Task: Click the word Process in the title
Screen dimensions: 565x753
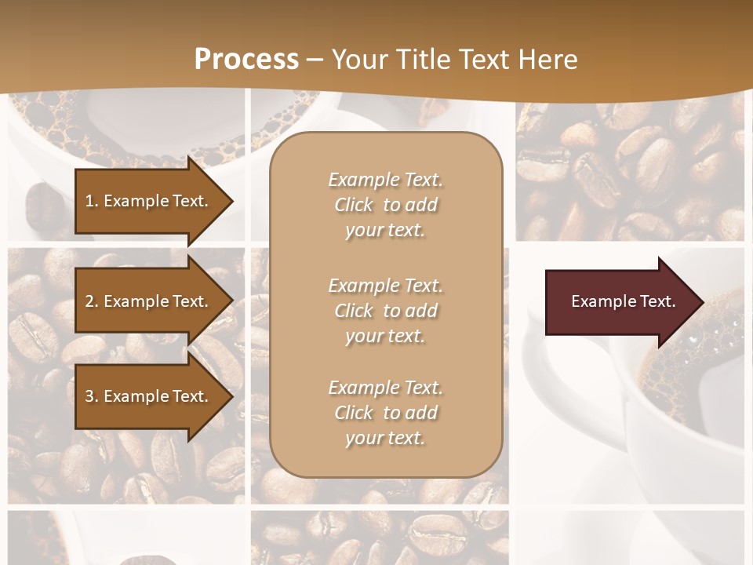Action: (x=246, y=59)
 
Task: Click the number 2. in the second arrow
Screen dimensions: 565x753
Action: (x=92, y=301)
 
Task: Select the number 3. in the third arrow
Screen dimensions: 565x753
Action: (x=92, y=396)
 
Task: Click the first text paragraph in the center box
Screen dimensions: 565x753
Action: (x=385, y=205)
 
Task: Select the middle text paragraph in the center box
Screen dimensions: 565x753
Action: (x=385, y=311)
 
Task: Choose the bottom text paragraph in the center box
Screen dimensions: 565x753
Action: (x=385, y=413)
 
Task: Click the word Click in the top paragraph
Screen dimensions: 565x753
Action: (x=354, y=205)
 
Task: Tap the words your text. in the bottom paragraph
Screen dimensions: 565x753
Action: (x=385, y=438)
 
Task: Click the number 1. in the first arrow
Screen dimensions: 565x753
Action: (x=92, y=201)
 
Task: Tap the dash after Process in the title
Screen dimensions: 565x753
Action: (x=315, y=59)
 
